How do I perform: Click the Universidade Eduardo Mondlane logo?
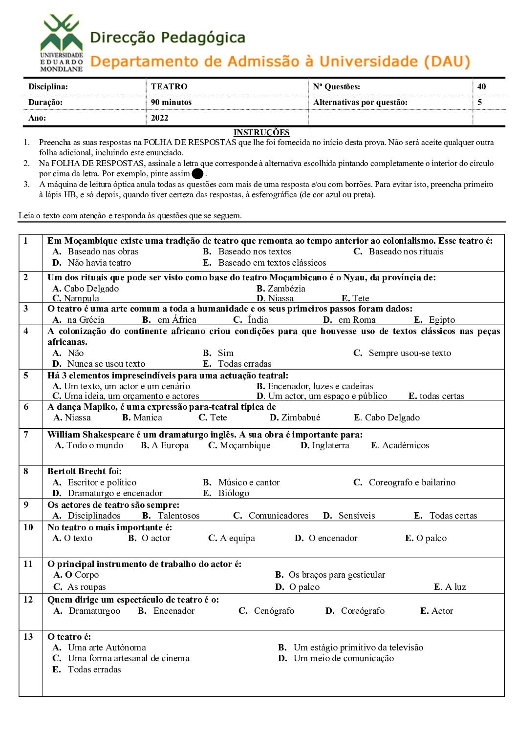tap(61, 43)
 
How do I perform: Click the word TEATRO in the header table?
tap(169, 86)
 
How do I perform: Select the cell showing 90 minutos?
tap(171, 102)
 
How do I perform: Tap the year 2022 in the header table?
tap(160, 118)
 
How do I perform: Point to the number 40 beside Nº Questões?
tap(482, 86)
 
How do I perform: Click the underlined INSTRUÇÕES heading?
tap(261, 132)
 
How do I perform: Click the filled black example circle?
tap(197, 174)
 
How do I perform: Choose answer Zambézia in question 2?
tap(286, 288)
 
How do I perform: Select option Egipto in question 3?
tap(442, 320)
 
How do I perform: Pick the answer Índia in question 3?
tap(258, 320)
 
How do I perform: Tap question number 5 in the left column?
tap(26, 376)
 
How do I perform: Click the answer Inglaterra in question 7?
tap(330, 445)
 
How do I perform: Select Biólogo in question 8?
tap(234, 493)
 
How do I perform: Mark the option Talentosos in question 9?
tap(178, 516)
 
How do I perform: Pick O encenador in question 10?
tap(333, 538)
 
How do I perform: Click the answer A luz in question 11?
tap(455, 587)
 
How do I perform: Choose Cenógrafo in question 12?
tap(274, 611)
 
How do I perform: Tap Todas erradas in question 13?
tap(94, 669)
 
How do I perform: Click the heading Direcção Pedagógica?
tap(168, 38)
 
